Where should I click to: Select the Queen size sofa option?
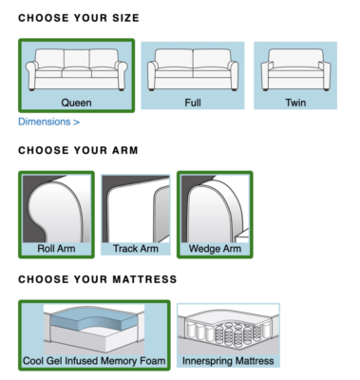pyautogui.click(x=76, y=75)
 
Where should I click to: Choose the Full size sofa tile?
pyautogui.click(x=193, y=75)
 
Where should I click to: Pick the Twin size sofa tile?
pyautogui.click(x=295, y=75)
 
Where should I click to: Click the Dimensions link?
pyautogui.click(x=48, y=122)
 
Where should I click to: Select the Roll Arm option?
pyautogui.click(x=56, y=215)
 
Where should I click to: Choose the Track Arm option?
pyautogui.click(x=136, y=215)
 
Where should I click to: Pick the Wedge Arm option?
pyautogui.click(x=215, y=215)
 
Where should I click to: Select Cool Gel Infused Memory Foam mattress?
pyautogui.click(x=94, y=335)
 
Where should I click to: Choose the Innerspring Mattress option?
pyautogui.click(x=228, y=335)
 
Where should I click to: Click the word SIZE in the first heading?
pyautogui.click(x=125, y=18)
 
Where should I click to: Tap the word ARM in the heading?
pyautogui.click(x=124, y=150)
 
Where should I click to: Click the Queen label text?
pyautogui.click(x=76, y=103)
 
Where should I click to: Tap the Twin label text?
pyautogui.click(x=295, y=103)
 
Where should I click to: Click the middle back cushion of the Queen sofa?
pyautogui.click(x=77, y=58)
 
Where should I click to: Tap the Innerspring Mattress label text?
pyautogui.click(x=228, y=361)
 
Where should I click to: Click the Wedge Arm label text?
pyautogui.click(x=215, y=249)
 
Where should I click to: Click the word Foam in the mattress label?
pyautogui.click(x=154, y=361)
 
